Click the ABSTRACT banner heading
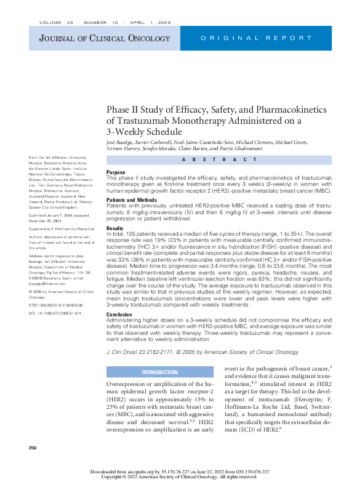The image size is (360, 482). pos(219,159)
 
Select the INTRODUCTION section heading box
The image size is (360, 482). pos(160,372)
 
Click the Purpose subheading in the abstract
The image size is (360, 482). pos(116,172)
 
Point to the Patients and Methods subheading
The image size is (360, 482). pos(132,199)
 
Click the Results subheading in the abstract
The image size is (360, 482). pos(114,228)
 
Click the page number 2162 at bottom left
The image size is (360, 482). pos(33,447)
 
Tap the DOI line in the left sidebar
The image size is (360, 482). pos(55,313)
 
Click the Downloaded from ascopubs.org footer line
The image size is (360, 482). pos(180,471)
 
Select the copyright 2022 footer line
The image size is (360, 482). pos(180,476)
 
